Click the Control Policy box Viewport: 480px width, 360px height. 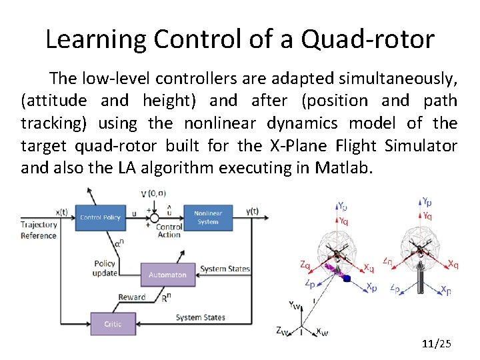click(x=100, y=217)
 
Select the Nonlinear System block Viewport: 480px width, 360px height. click(x=207, y=217)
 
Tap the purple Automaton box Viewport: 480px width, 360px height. click(x=168, y=275)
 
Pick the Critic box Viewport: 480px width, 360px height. click(x=113, y=324)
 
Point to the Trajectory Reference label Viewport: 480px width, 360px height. click(x=39, y=230)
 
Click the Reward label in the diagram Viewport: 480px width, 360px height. click(x=132, y=297)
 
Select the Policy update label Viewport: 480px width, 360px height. click(x=105, y=269)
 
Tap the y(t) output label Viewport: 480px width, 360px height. click(x=252, y=211)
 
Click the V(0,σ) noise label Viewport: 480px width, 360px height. click(x=153, y=194)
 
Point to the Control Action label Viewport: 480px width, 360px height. click(x=169, y=231)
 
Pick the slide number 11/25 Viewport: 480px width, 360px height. click(x=437, y=344)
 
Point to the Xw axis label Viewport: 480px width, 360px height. click(x=321, y=331)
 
